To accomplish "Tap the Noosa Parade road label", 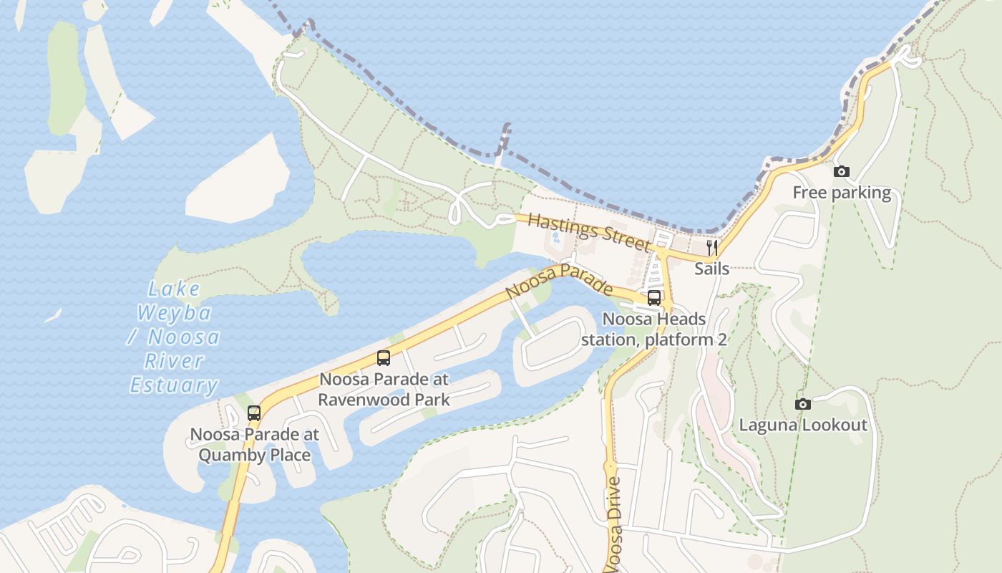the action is (x=559, y=281).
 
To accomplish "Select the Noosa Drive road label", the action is (x=615, y=524).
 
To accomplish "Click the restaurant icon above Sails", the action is (x=711, y=249).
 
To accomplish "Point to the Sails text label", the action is (x=711, y=269).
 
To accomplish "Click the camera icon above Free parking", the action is (x=842, y=171).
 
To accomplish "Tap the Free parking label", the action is (x=842, y=193).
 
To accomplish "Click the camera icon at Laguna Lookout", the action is (x=803, y=404).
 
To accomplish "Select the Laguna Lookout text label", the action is (x=803, y=425).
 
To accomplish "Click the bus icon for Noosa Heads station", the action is (x=654, y=298).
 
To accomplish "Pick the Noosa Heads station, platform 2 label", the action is (x=653, y=329).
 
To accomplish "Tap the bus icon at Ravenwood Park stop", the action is (x=384, y=358).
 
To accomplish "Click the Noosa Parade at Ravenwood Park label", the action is (x=384, y=389).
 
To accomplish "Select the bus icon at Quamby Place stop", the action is (x=254, y=413).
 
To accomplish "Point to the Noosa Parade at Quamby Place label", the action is (x=255, y=445).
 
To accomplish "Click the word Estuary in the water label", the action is (x=174, y=385).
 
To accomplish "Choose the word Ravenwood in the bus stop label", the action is (x=364, y=400).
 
